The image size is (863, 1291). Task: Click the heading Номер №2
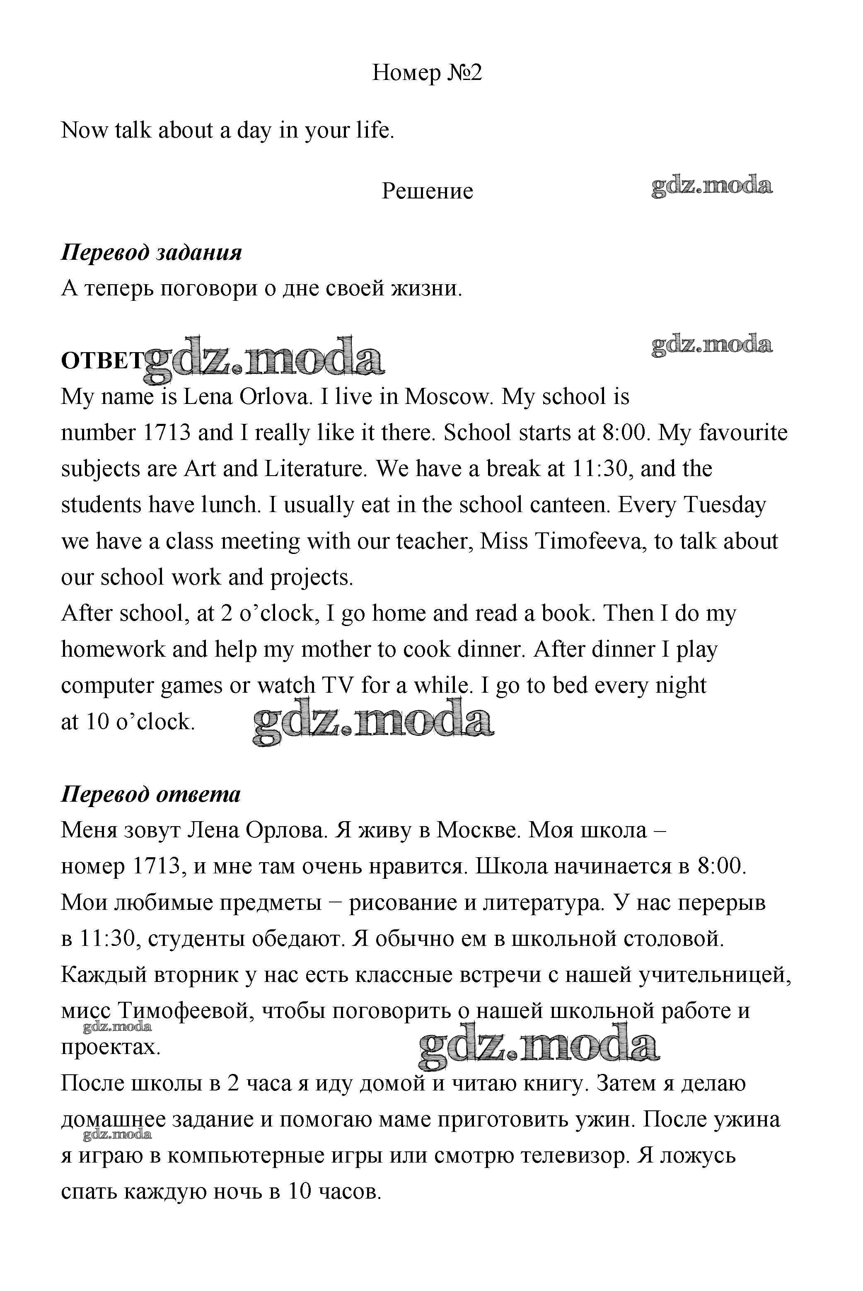427,72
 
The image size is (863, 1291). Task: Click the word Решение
427,191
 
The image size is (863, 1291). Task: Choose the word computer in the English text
108,686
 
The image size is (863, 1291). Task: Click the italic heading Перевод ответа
150,794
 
